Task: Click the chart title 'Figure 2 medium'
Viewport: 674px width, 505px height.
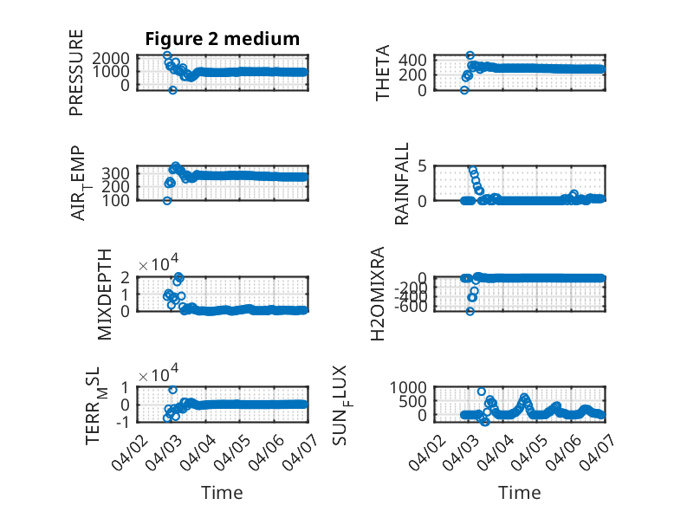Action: (222, 39)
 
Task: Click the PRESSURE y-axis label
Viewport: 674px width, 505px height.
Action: (77, 73)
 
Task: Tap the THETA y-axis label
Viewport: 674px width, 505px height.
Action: (383, 74)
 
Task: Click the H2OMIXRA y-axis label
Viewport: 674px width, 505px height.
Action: (379, 295)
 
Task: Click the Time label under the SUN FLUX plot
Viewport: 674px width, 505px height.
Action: (519, 492)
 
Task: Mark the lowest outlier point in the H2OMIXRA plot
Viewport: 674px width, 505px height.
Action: (470, 311)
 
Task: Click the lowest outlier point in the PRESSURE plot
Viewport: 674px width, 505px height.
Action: (172, 90)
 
